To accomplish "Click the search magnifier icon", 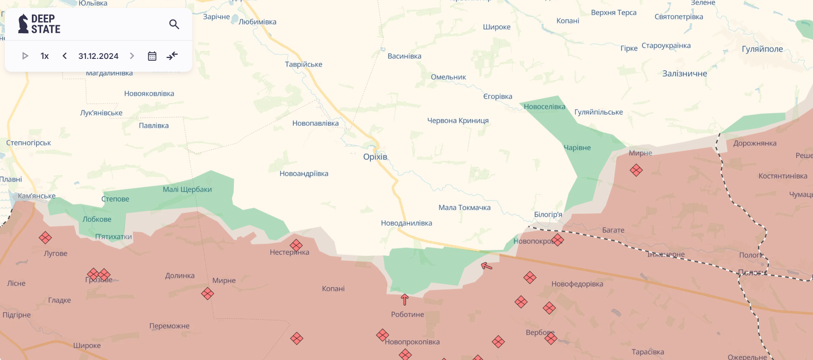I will click(174, 24).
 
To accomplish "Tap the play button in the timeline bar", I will click(25, 56).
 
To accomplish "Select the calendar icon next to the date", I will click(152, 56).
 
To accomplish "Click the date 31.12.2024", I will click(98, 56).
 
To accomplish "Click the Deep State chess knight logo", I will click(23, 24).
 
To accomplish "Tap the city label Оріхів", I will click(375, 157).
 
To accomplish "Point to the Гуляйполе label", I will click(762, 49).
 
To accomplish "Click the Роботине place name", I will click(407, 314).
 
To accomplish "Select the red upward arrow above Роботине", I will click(405, 299).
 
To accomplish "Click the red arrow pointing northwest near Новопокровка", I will click(486, 266).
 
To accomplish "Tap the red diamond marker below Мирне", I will click(636, 170).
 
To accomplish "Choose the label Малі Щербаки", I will click(187, 190).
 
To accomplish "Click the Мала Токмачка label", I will click(464, 208).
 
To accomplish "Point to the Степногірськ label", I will click(28, 143).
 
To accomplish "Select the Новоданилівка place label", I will click(406, 223).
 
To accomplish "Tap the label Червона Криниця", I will click(458, 120).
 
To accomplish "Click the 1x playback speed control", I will click(45, 56).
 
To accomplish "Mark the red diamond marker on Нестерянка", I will click(296, 245).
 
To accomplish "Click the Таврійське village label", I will click(303, 65).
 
